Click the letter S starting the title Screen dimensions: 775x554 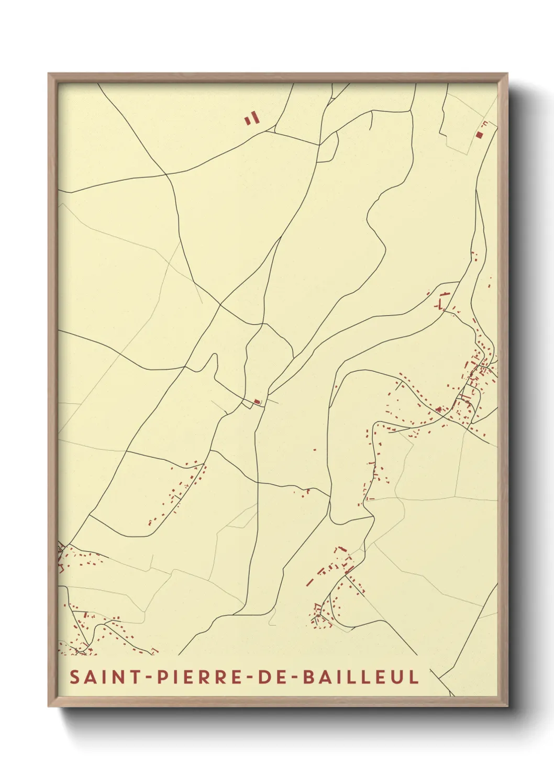click(x=74, y=677)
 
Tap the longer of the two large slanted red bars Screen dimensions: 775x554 click(x=256, y=117)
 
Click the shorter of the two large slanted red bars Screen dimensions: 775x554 click(x=247, y=121)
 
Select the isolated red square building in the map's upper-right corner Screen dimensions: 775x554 click(x=479, y=135)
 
